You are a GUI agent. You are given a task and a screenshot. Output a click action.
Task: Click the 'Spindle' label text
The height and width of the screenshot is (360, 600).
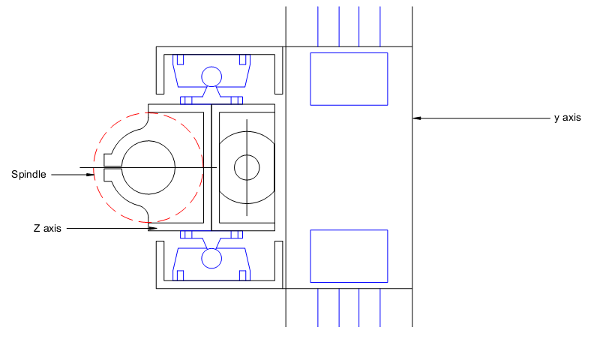28,175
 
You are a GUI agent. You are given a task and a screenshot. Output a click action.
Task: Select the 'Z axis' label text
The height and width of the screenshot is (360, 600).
47,229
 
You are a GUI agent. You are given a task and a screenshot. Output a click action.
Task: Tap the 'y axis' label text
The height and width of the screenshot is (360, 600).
568,118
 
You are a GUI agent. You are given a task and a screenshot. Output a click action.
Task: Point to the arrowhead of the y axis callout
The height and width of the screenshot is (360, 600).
417,118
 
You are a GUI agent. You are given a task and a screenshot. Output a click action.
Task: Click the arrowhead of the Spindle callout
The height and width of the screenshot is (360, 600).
90,175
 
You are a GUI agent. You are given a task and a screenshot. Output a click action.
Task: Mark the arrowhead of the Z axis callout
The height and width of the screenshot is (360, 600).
153,229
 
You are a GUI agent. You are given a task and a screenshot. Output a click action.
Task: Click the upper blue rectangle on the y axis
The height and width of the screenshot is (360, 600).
349,79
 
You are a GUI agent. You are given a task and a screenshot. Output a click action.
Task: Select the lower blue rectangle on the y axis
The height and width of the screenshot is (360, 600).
349,256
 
